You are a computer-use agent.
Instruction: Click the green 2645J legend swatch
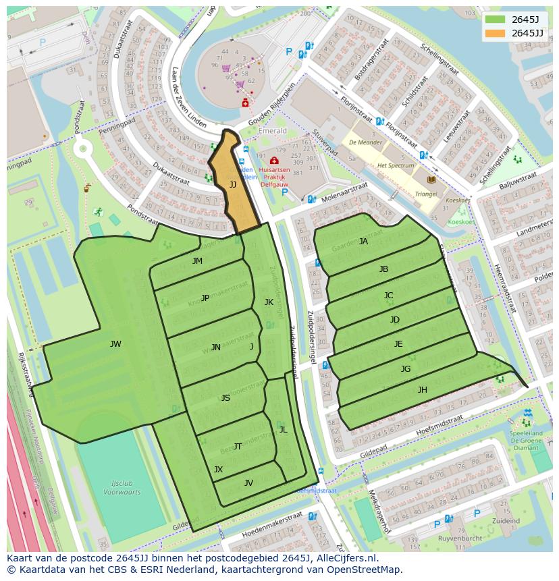pos(495,20)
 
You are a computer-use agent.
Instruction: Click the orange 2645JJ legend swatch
pos(495,33)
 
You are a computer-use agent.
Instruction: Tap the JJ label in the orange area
pos(233,184)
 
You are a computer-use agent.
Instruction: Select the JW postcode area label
pos(115,344)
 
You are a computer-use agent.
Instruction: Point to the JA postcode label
pos(363,242)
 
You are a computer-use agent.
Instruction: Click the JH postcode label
pos(422,390)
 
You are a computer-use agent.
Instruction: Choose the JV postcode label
pos(248,482)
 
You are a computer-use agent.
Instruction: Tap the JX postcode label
pos(218,469)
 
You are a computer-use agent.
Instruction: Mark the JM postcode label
pos(197,261)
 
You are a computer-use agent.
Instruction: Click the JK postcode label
pos(269,302)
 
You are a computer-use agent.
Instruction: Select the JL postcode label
pos(283,429)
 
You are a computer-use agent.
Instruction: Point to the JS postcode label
pos(225,398)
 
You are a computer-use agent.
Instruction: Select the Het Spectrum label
pos(396,165)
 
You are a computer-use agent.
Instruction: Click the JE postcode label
pos(398,344)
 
